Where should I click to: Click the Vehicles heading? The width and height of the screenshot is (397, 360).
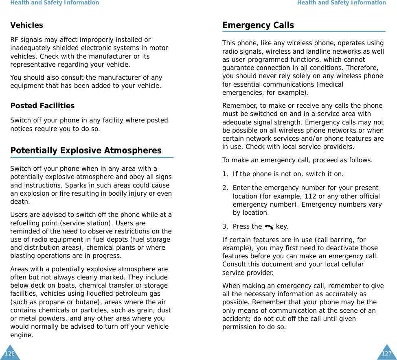26,25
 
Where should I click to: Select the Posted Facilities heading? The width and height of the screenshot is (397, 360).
42,106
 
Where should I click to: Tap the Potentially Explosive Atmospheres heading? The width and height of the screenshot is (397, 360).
86,151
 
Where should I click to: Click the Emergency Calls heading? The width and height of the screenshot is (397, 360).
258,25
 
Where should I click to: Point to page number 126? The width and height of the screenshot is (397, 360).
10,353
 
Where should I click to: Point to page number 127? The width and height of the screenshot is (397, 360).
386,353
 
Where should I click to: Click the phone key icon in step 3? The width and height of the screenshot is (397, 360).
269,227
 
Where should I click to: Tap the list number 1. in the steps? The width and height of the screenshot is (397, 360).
225,174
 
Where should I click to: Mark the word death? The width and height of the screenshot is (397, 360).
20,202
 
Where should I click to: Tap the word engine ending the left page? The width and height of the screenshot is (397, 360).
21,335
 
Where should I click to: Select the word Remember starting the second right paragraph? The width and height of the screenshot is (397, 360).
237,106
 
